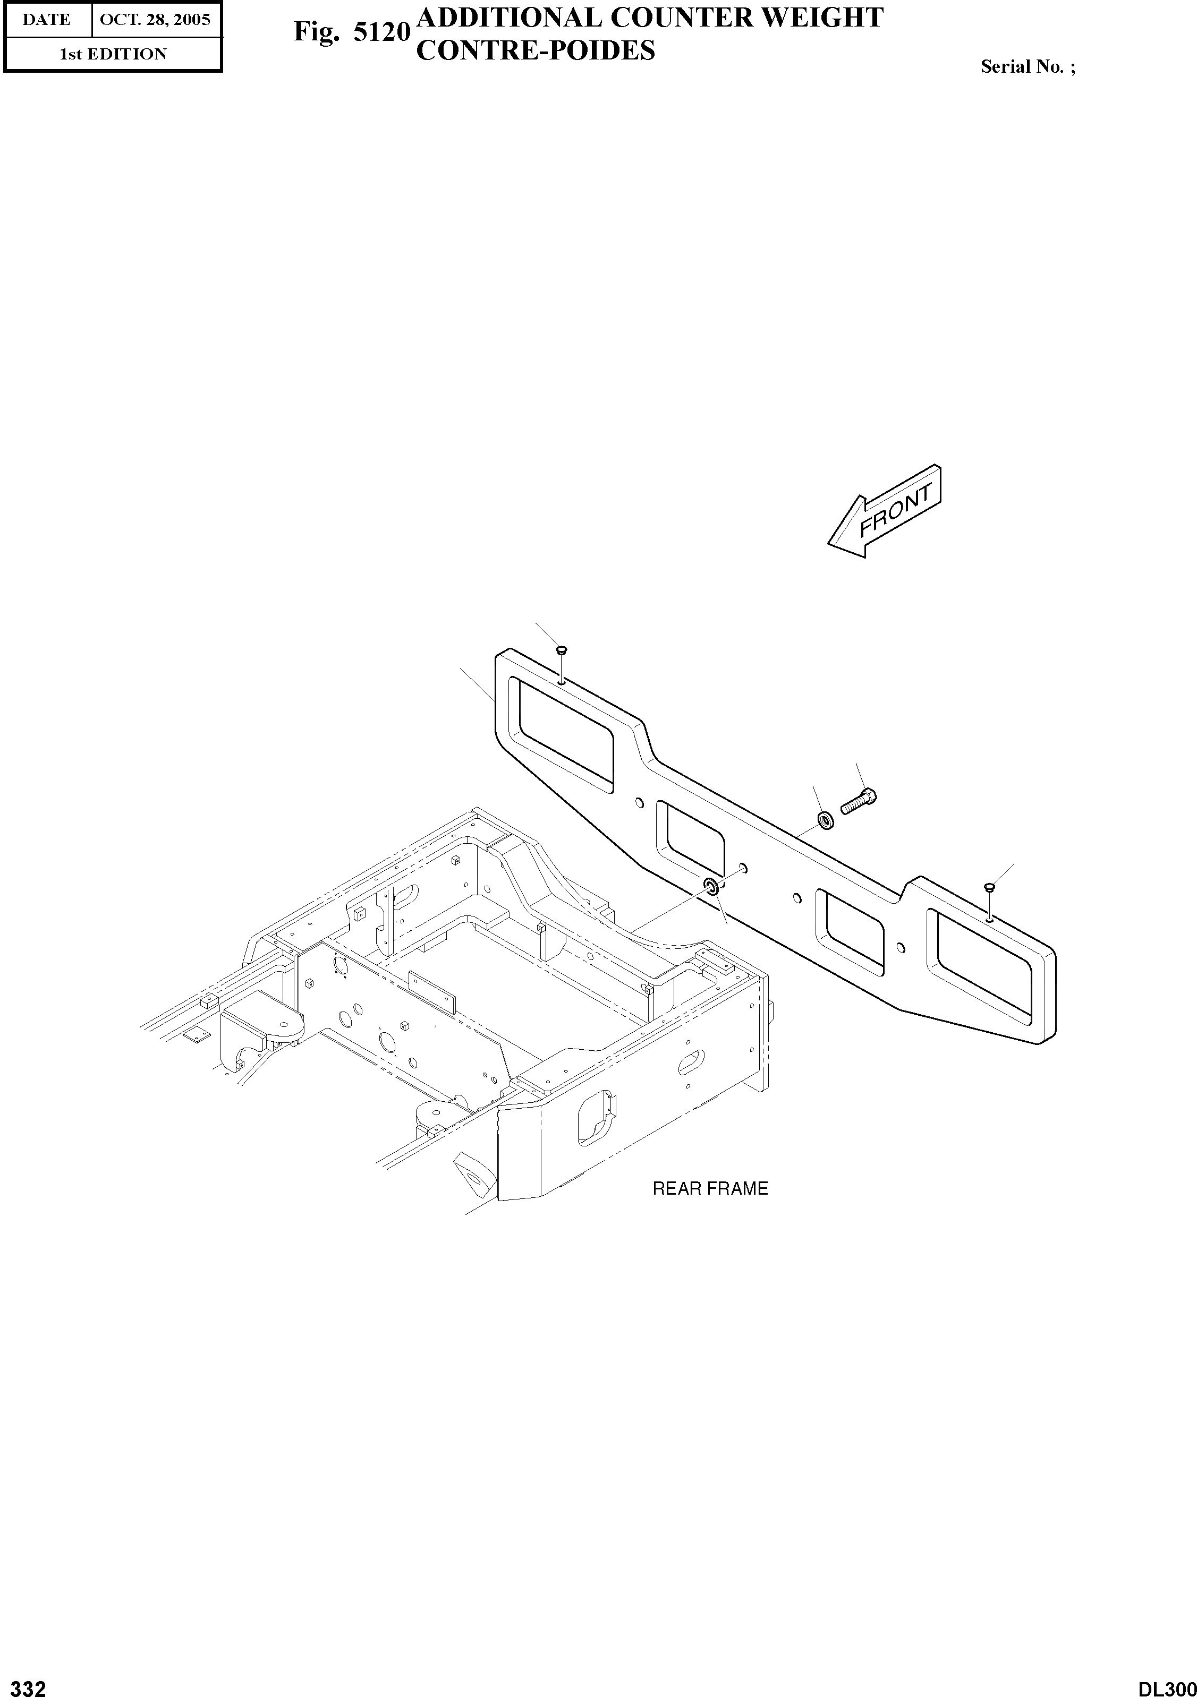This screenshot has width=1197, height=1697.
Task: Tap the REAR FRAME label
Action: [x=710, y=1188]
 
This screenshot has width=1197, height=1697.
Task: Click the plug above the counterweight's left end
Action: [x=561, y=651]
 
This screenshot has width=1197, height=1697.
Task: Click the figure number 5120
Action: [x=381, y=32]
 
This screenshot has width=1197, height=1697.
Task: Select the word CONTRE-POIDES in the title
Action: [x=536, y=50]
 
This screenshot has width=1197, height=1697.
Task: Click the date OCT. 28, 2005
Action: [x=155, y=19]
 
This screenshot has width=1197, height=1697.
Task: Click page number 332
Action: [x=24, y=1684]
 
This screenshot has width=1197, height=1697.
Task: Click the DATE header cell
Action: [x=47, y=19]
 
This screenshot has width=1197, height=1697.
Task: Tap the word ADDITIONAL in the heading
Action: [x=510, y=18]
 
